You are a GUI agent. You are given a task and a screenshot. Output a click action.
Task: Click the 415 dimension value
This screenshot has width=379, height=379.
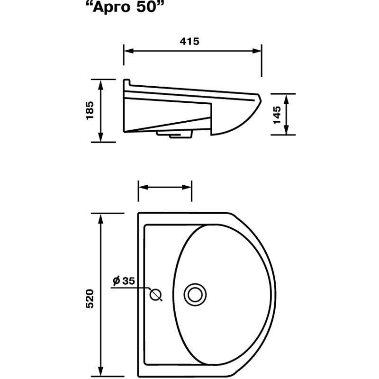tap(189, 42)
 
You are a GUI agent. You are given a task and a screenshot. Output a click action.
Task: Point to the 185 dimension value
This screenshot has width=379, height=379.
tap(90, 110)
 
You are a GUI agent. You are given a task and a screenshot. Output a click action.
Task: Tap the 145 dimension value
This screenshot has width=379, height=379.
tap(277, 115)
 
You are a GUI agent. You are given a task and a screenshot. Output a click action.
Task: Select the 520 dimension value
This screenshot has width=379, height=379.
tap(90, 298)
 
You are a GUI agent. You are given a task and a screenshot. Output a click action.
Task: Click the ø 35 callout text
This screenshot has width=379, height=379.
tap(124, 280)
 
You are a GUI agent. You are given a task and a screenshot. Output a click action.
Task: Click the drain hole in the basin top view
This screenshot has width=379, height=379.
tap(195, 295)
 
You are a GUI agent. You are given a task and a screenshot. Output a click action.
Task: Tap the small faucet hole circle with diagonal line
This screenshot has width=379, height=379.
tap(155, 294)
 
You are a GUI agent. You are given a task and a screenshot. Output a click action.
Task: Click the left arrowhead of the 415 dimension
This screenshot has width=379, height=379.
tap(128, 51)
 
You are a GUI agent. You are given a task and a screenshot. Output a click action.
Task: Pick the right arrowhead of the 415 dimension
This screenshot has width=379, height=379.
tap(257, 51)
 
